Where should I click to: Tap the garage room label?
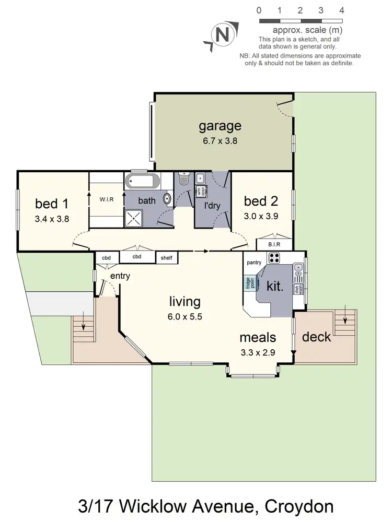pos(220,126)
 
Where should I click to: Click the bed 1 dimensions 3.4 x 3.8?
pos(52,219)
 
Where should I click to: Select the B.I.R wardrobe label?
pos(274,244)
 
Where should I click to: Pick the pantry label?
pos(254,262)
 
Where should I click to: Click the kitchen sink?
pos(298,269)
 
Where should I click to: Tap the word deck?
pos(317,337)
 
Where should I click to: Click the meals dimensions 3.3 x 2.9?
pos(257,352)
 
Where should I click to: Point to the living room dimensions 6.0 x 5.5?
pos(185,316)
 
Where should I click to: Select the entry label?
pos(120,276)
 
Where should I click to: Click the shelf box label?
pos(167,257)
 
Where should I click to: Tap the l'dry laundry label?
pos(212,206)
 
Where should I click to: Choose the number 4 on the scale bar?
pos(341,10)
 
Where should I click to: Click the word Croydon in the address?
pos(299,506)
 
